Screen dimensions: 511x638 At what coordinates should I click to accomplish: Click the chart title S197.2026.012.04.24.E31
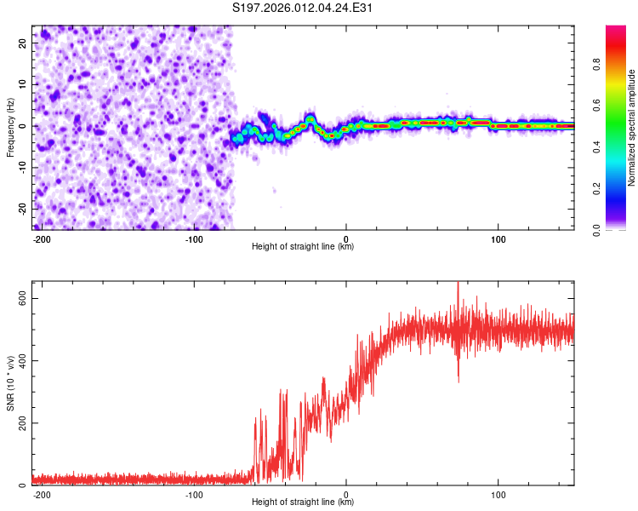pos(304,9)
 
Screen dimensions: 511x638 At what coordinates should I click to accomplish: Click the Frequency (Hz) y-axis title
pos(10,127)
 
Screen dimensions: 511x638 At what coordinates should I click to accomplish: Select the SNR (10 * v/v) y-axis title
pos(10,383)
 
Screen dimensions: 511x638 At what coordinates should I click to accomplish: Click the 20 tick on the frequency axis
pos(22,43)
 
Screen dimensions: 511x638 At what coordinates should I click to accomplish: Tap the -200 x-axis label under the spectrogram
pos(41,238)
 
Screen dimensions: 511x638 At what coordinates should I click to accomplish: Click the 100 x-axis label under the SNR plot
pos(498,494)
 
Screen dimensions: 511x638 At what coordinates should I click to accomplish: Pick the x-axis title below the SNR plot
pos(303,503)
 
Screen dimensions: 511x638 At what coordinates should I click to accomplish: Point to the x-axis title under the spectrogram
pos(303,247)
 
